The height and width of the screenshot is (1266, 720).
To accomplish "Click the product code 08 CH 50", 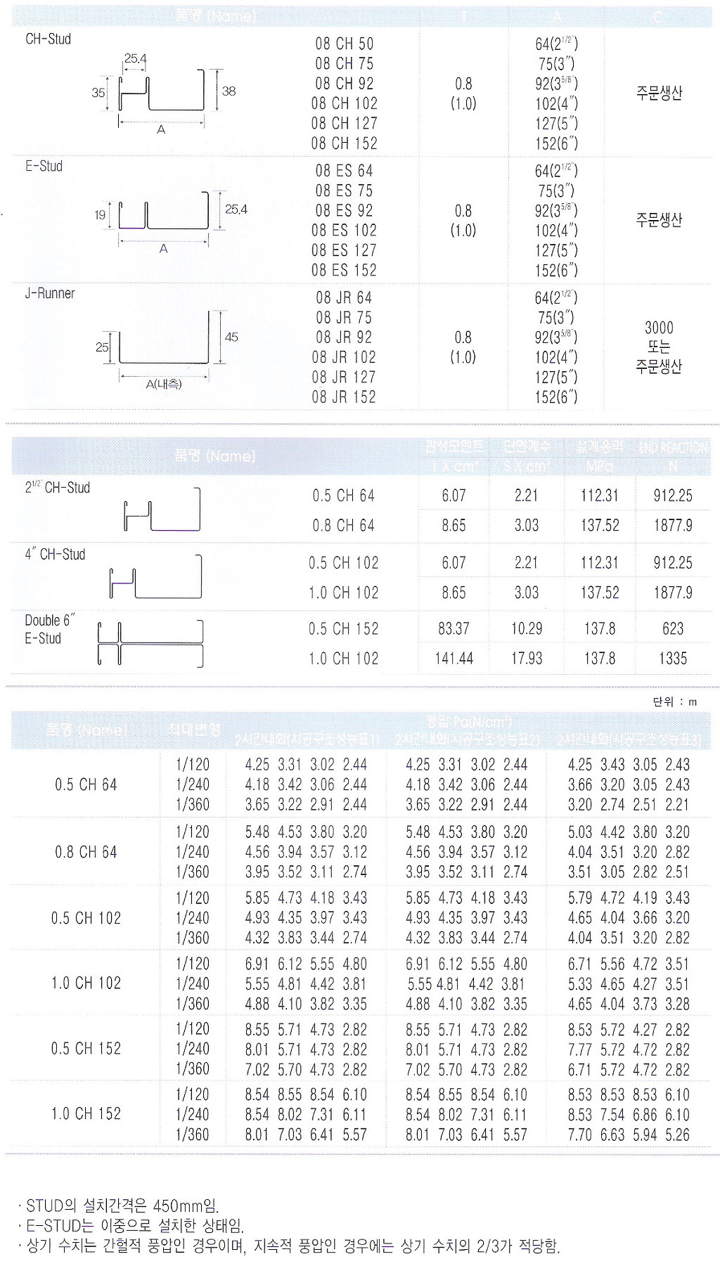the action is click(344, 44).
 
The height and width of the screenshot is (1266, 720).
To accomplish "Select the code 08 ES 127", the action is click(344, 250).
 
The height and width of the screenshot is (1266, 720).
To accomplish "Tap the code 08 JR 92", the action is click(344, 337).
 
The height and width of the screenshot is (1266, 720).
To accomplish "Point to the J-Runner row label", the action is click(50, 294).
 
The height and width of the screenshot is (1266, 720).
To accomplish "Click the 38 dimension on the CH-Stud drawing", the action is click(229, 91).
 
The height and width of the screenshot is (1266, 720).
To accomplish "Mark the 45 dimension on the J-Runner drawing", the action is click(231, 337).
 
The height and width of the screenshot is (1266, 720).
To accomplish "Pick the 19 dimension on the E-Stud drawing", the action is click(100, 215).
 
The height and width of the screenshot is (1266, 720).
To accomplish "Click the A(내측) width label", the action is click(164, 385).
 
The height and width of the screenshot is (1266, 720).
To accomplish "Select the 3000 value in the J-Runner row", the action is click(659, 328).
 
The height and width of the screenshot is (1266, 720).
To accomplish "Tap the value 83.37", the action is click(454, 628).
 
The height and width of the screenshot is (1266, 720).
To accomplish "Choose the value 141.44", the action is click(454, 659).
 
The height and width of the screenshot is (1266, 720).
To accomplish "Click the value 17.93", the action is click(527, 659).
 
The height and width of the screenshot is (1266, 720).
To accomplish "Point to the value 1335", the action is click(673, 659).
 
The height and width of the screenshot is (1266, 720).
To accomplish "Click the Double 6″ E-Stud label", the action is click(49, 629).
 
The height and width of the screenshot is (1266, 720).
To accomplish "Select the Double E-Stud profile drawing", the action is click(150, 643).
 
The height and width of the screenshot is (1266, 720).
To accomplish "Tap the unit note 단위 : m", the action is click(674, 702).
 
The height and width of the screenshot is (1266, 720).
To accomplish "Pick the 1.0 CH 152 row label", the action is click(86, 1114).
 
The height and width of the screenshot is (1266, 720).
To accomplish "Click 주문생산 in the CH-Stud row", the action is click(659, 93).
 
